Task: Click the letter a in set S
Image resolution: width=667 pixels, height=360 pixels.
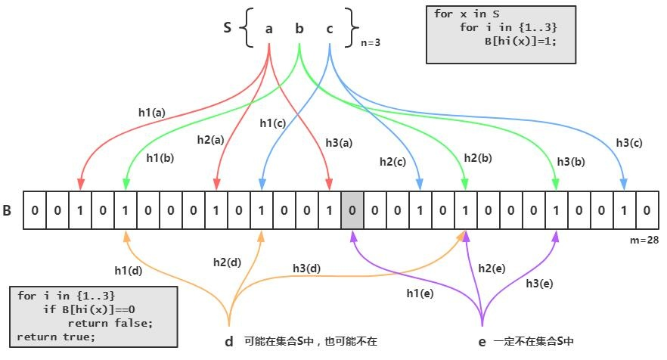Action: click(268, 29)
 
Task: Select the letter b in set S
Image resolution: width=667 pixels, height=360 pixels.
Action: click(299, 29)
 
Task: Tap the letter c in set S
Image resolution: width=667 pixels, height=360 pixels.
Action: click(330, 29)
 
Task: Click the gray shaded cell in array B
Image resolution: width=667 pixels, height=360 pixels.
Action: click(352, 209)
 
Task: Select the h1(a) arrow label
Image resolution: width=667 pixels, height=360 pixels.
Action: click(151, 112)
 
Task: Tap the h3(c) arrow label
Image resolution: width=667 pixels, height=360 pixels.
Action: click(629, 142)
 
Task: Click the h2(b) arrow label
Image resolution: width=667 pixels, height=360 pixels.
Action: click(478, 157)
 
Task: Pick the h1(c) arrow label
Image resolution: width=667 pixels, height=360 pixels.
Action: click(272, 123)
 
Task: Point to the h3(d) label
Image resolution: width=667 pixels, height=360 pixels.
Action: click(307, 268)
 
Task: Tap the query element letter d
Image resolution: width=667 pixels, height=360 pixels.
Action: click(229, 342)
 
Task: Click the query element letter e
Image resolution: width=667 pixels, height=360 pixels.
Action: click(482, 342)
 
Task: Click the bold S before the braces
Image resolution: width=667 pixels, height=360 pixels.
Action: click(227, 28)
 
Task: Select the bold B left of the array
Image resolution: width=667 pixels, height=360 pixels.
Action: click(7, 209)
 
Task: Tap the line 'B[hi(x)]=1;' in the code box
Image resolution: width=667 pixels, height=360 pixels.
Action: click(520, 41)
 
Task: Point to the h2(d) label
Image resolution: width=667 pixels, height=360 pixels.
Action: click(227, 262)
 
